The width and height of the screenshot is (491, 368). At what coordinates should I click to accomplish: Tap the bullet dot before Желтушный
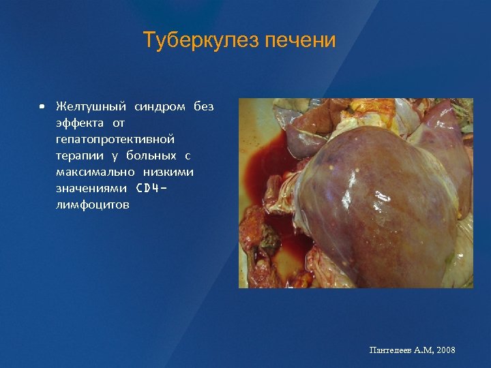[42, 107]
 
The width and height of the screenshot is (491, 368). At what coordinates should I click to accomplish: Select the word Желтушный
[91, 107]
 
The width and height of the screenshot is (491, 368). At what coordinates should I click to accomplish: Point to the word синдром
[160, 107]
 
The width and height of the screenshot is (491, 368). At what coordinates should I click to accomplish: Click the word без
[203, 107]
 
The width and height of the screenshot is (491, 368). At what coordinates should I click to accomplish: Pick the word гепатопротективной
[115, 139]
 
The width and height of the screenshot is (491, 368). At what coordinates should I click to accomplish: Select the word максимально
[95, 172]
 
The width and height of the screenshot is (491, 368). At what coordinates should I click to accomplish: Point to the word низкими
[168, 172]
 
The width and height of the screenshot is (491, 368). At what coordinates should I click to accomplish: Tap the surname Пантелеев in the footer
[391, 350]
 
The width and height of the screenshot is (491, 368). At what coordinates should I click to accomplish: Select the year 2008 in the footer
[445, 350]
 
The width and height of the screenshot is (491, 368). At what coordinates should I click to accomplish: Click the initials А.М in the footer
[423, 350]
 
